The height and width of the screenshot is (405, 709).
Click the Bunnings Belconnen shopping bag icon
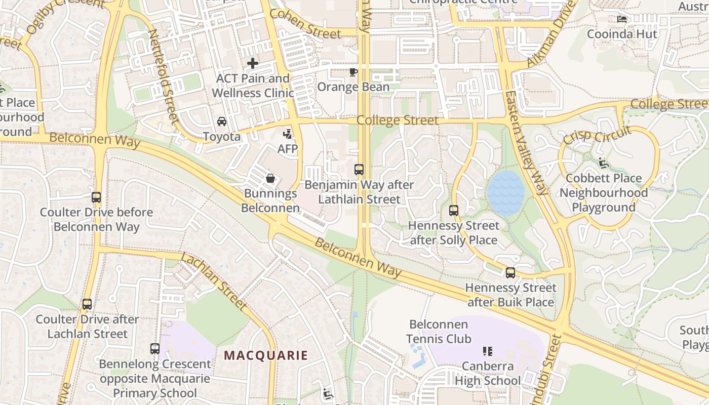click(x=270, y=178)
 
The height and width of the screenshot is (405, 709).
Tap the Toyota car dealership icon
click(x=221, y=121)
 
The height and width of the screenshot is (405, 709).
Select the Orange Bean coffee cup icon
click(x=353, y=72)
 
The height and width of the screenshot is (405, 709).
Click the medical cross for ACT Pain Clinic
click(x=252, y=63)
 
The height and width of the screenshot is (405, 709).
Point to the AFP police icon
click(x=287, y=134)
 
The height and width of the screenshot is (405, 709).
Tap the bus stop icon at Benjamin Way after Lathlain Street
click(x=359, y=170)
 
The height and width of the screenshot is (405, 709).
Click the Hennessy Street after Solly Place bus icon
click(x=454, y=210)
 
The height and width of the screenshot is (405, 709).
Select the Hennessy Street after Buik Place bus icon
click(x=510, y=273)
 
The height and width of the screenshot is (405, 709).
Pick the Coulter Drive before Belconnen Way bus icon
click(x=96, y=197)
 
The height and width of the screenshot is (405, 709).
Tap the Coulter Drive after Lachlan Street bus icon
click(x=87, y=304)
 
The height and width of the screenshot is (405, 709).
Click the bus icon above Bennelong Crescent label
click(x=155, y=349)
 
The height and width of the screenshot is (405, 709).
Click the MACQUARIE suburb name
click(x=266, y=355)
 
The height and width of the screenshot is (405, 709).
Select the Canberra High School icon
click(x=488, y=351)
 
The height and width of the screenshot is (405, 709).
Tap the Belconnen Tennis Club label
click(x=439, y=332)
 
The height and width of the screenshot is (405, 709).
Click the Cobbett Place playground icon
click(x=603, y=163)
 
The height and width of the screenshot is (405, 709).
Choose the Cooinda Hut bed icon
click(x=622, y=19)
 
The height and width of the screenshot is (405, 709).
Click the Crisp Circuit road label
click(x=597, y=136)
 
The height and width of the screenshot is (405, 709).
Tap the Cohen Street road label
click(x=305, y=24)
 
